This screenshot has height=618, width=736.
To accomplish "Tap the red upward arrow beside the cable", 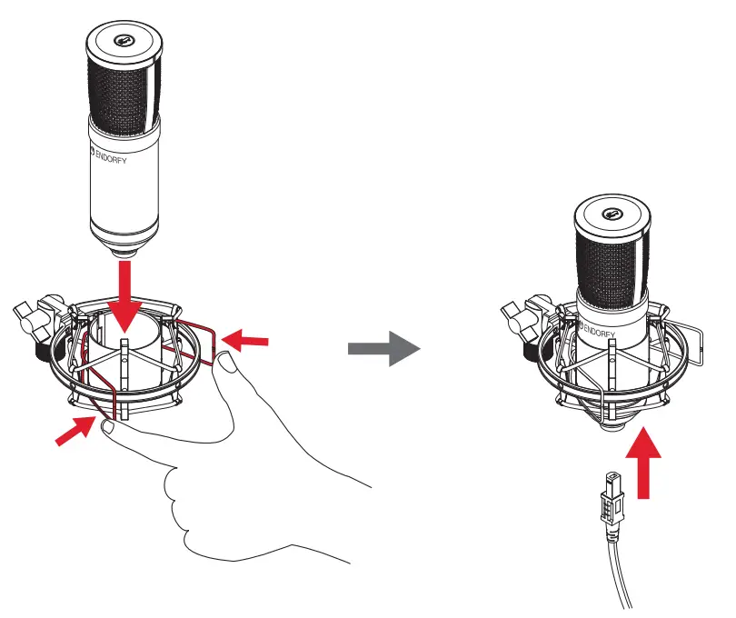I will (645, 464).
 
